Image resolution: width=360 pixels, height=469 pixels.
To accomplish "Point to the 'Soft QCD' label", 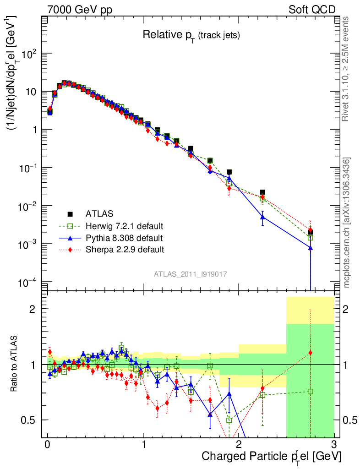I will click(312, 10).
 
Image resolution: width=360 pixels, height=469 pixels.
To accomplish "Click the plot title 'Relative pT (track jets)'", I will click(191, 35).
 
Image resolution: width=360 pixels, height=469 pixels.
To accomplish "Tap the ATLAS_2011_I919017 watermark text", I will click(191, 274).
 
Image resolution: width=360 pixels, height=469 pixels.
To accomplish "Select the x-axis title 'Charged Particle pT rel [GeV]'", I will click(271, 456).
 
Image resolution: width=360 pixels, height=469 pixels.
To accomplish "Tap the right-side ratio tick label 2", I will click(346, 309).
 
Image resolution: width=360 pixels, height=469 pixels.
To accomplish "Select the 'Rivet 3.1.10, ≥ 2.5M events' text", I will click(347, 69).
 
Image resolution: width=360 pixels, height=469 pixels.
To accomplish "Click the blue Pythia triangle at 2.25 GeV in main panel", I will click(262, 217).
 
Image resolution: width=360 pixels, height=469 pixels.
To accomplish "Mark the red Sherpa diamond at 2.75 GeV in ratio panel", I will click(310, 353).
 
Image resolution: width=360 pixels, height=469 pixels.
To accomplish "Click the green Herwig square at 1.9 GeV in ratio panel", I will click(229, 420).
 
